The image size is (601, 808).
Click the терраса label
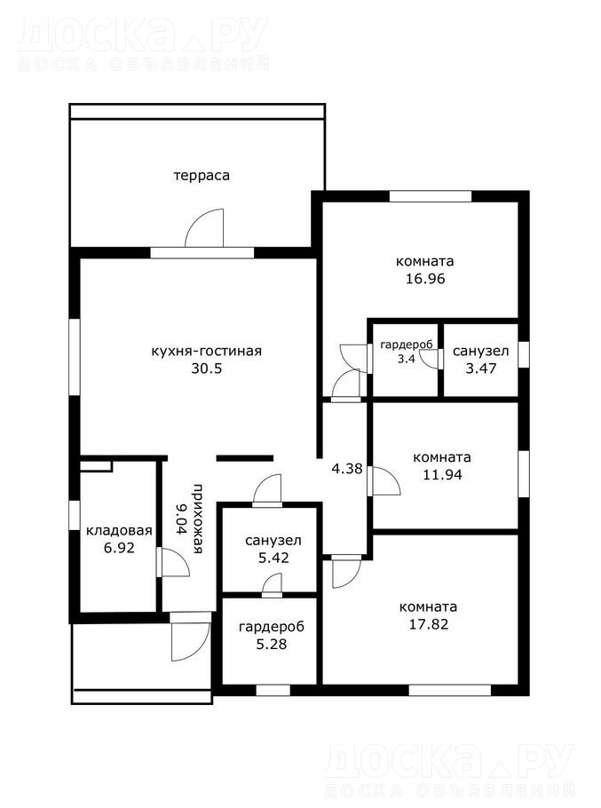click(x=202, y=176)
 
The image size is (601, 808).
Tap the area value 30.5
click(x=207, y=368)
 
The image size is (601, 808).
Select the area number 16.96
click(x=425, y=279)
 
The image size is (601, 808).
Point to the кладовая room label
click(x=119, y=530)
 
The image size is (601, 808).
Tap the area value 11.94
click(x=442, y=475)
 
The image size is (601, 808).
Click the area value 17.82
click(x=429, y=624)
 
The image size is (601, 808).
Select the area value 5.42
click(x=273, y=558)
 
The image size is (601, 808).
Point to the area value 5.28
click(x=272, y=644)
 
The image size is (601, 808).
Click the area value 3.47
click(x=481, y=368)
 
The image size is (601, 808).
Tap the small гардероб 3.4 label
click(x=407, y=352)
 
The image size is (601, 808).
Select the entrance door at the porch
click(x=190, y=637)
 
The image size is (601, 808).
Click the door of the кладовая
click(x=175, y=562)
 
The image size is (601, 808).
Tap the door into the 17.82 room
click(x=346, y=572)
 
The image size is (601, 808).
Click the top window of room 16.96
click(x=431, y=196)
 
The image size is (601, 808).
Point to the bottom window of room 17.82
click(x=450, y=690)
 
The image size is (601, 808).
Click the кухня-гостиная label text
click(x=206, y=352)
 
